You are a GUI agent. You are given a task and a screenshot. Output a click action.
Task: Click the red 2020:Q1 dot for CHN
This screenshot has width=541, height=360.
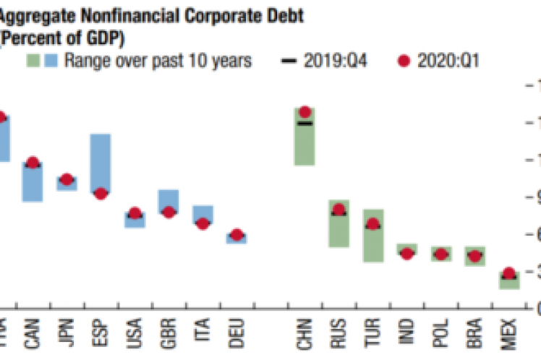[x=304, y=112]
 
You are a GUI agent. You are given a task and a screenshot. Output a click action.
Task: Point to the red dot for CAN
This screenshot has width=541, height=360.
[x=32, y=163]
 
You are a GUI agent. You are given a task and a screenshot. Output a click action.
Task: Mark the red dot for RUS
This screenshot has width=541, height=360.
[x=338, y=210]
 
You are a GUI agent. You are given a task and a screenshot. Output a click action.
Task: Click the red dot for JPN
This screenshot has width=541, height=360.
[x=67, y=179]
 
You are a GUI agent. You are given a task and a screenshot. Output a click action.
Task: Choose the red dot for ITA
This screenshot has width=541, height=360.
[x=203, y=223]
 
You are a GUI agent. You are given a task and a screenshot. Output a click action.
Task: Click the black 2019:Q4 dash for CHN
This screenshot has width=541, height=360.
[x=304, y=124]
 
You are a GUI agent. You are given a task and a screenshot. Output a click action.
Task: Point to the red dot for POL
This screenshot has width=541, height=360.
[x=440, y=254]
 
